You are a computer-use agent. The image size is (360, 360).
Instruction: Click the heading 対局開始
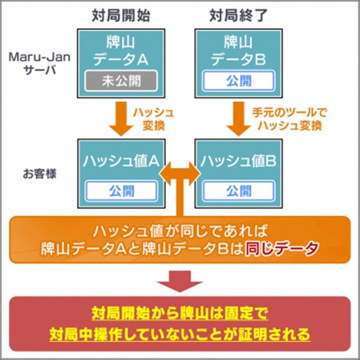point(118,13)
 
